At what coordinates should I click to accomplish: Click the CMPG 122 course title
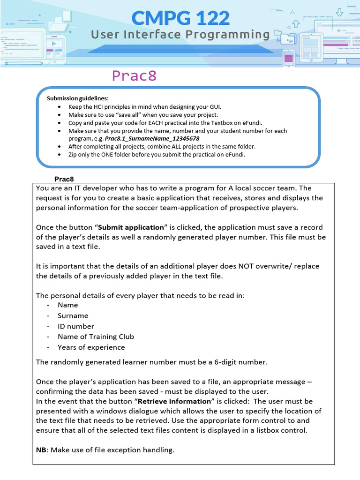point(180,18)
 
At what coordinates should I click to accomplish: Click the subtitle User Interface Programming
point(180,35)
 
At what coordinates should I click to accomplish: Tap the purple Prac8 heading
point(134,76)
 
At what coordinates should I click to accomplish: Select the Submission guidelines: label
point(77,98)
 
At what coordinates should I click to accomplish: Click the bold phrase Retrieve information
point(174,401)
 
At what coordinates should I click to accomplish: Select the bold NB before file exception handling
point(41,450)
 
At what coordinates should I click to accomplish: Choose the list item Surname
point(73,315)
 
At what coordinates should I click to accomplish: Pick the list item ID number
point(75,326)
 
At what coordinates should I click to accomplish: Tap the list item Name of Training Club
point(96,337)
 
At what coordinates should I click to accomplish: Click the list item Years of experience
point(91,347)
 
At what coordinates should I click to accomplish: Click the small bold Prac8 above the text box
point(64,179)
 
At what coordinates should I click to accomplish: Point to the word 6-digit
point(220,361)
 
